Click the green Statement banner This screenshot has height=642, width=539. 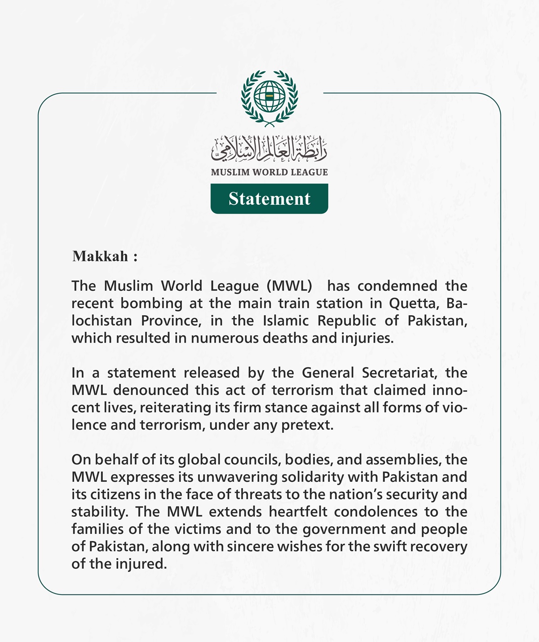(x=269, y=198)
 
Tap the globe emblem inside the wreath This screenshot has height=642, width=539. (x=269, y=96)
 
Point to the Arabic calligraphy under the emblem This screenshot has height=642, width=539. (x=269, y=148)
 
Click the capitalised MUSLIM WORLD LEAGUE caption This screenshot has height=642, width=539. (x=269, y=172)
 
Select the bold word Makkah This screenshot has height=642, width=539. (x=101, y=256)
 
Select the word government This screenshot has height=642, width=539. (x=344, y=529)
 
